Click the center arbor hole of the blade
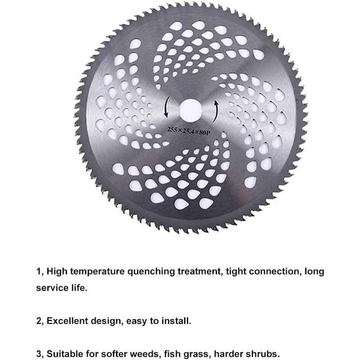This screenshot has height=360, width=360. [190, 110]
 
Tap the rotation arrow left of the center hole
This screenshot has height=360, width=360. [166, 108]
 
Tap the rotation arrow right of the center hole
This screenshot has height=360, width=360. [216, 111]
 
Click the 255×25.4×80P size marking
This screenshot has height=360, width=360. [189, 131]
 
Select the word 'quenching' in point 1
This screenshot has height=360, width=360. [151, 272]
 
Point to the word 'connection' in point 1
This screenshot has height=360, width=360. [275, 272]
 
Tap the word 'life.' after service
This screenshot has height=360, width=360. [79, 288]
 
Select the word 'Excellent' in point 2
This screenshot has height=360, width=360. [67, 321]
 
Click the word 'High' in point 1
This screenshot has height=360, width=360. [57, 272]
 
